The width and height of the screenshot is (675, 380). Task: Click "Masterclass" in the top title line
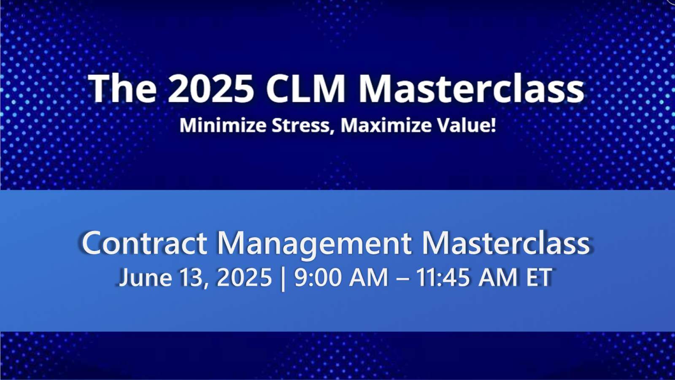[471, 89]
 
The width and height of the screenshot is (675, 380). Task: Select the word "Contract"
[144, 243]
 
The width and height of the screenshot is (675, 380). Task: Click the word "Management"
[314, 244]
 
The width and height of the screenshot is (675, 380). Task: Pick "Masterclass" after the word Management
[505, 243]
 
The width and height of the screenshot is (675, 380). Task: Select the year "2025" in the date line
[244, 278]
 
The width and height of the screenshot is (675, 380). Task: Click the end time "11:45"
[443, 278]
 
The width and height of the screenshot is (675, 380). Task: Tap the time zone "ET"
[539, 278]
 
